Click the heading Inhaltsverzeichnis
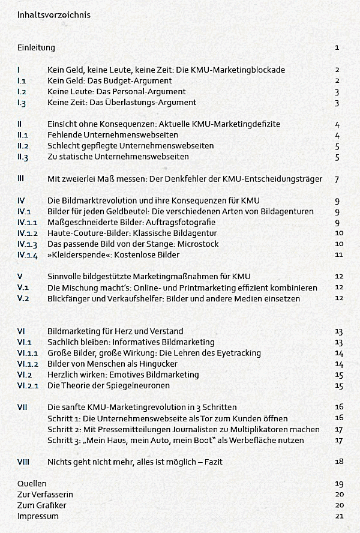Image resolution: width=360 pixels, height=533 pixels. pos(55,14)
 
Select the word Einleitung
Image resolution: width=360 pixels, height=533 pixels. pos(36,47)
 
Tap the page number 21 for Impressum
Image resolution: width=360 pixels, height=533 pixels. pos(339,516)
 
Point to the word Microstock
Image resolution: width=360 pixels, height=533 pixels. pos(194,244)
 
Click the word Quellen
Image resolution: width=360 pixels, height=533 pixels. pos(32,483)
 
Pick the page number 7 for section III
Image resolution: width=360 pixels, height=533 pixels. pos(338,179)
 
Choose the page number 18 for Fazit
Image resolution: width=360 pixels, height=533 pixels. pos(339,462)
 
